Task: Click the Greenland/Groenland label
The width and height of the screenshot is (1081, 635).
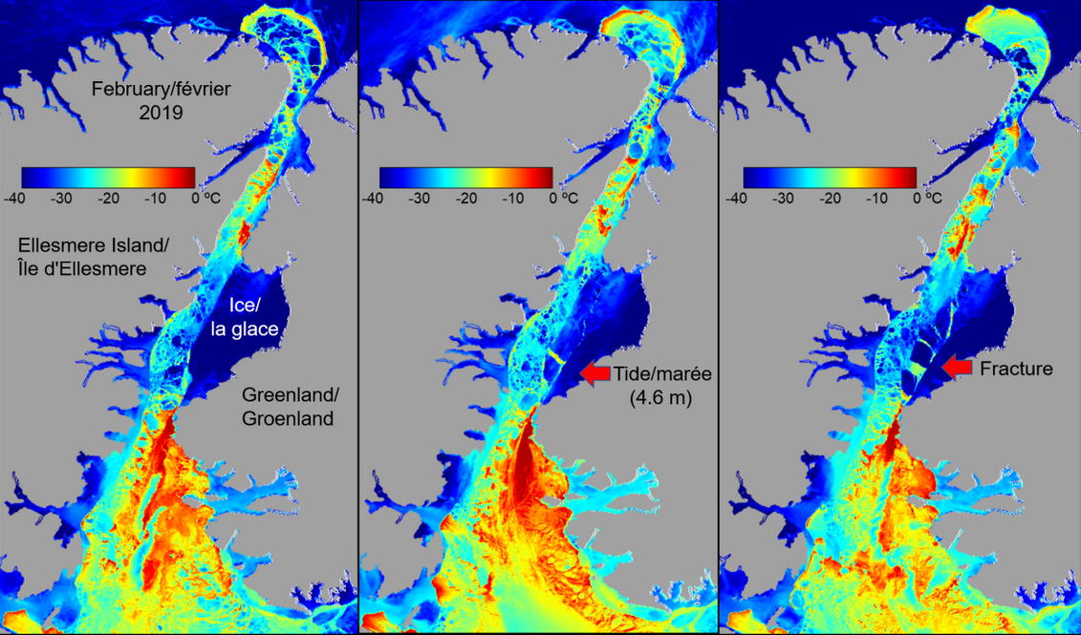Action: click(287, 406)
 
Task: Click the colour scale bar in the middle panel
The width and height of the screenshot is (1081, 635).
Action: click(465, 178)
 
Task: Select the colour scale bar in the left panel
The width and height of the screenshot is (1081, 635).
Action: click(108, 178)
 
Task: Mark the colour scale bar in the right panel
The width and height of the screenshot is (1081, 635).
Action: click(830, 178)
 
